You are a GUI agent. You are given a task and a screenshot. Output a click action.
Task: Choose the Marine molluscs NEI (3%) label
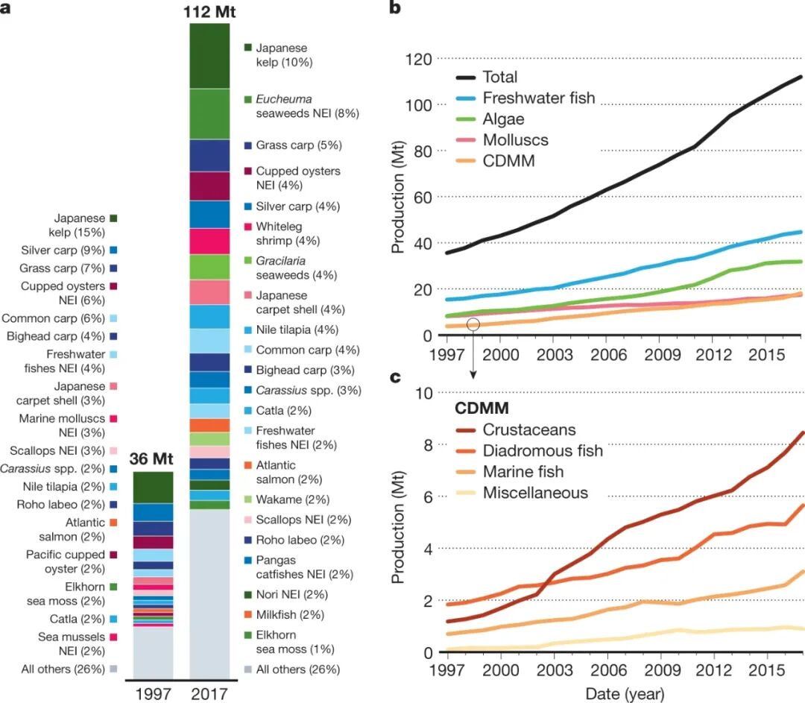point(63,426)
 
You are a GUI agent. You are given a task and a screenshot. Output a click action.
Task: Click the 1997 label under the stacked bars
point(152,693)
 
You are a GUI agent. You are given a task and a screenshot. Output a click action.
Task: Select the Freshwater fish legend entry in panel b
point(538,98)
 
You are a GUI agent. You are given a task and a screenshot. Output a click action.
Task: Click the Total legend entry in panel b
point(499,77)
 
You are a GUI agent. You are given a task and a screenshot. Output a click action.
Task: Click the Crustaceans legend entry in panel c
point(529,430)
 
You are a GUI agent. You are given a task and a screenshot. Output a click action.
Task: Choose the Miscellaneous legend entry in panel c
point(535,493)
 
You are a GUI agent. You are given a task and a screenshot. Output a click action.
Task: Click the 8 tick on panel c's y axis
point(427,445)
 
